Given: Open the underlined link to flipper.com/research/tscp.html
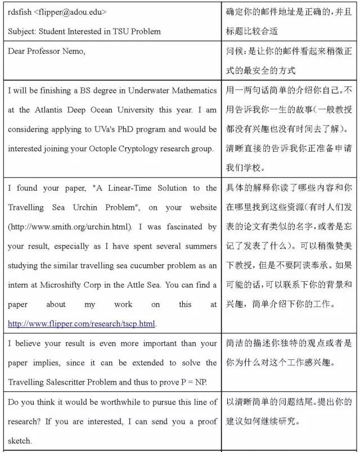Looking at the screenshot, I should coord(82,324).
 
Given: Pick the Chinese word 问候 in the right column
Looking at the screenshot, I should coord(235,51).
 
